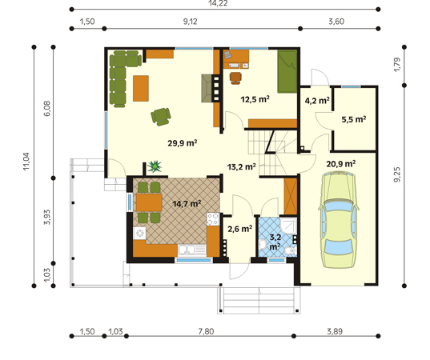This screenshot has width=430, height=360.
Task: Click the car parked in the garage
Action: point(339,220)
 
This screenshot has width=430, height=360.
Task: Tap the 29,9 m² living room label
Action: point(183,143)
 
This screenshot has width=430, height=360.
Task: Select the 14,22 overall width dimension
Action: point(218,3)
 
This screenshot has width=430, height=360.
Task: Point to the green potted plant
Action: point(155,166)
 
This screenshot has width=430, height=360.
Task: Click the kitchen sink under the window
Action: point(192,250)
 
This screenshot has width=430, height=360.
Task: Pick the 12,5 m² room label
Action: point(255,99)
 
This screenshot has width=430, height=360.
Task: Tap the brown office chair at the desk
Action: point(236,78)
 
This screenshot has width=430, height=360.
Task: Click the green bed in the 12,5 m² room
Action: point(287,71)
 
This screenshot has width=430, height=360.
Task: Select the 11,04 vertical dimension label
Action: point(26,162)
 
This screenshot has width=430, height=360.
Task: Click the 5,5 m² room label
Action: point(353,119)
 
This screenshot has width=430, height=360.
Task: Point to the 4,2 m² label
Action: point(317,101)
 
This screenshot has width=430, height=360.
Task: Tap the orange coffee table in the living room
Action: point(141,88)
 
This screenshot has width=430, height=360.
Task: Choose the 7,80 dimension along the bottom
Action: point(207,331)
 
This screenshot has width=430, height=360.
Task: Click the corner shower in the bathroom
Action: point(289,226)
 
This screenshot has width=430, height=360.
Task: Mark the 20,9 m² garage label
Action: point(341,164)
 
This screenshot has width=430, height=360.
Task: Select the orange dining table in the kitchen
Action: point(149,202)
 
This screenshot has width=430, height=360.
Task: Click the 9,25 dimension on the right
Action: point(397,174)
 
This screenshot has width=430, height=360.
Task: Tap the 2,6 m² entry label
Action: point(240,229)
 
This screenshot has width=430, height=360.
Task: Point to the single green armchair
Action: point(161,117)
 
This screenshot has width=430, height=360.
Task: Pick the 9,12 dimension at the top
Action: point(191,22)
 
